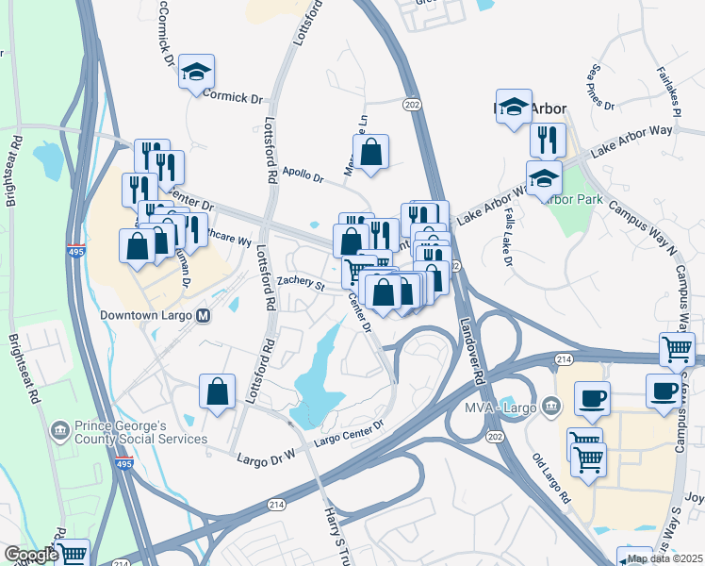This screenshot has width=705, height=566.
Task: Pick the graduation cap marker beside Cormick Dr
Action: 196,72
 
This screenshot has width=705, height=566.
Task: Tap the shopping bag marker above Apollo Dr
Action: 371,151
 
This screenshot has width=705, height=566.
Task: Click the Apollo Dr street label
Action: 303,176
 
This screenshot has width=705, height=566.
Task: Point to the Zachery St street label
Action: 300,283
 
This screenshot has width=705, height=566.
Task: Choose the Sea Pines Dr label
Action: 601,87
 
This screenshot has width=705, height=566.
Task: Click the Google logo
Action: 30,555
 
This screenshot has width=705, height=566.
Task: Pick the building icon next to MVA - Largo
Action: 551,408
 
